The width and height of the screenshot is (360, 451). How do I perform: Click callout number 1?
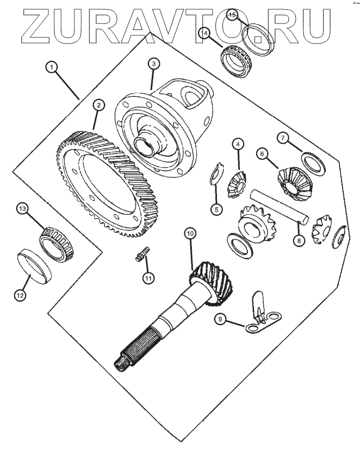tap(52, 67)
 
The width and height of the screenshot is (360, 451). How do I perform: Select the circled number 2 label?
tap(99, 106)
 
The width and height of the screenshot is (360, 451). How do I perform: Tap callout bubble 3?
tap(154, 64)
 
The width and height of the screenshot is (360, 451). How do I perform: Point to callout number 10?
tap(190, 234)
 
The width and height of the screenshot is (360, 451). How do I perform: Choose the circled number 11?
tap(148, 278)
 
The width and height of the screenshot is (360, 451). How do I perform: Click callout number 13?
tap(22, 208)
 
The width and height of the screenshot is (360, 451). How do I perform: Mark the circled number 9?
tap(220, 319)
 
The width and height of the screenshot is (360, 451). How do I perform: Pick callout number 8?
tap(299, 240)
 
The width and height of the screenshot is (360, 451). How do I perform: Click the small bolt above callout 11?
tap(142, 254)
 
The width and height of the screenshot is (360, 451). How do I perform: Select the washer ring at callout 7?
tap(313, 164)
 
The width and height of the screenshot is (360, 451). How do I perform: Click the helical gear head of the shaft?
tap(212, 283)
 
